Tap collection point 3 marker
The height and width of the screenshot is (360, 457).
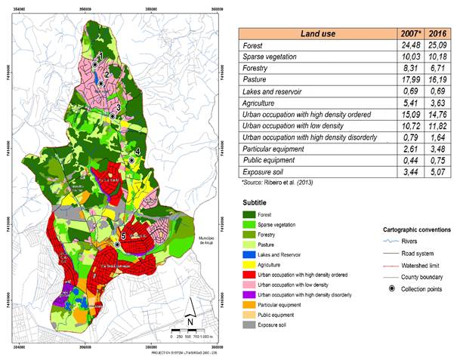click(x=112, y=116)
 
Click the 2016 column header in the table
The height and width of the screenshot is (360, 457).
click(x=437, y=33)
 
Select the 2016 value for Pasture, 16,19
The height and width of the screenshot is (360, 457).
click(x=437, y=88)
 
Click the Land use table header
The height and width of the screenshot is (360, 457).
click(x=320, y=33)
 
